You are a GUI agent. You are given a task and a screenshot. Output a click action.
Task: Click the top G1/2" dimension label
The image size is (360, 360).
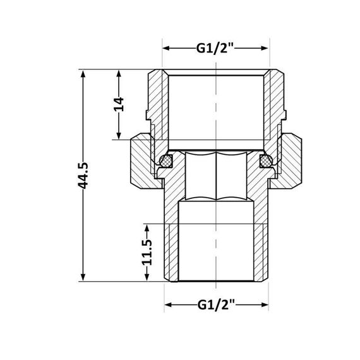point(215,48)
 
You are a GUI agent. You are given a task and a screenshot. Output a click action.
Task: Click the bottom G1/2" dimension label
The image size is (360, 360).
point(215,305)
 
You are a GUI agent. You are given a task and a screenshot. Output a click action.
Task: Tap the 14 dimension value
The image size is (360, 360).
point(118,104)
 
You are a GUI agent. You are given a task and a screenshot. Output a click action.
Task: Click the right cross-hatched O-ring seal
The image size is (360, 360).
point(266,162)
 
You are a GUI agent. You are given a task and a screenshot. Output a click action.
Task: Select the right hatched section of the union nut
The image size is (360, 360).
point(291,161)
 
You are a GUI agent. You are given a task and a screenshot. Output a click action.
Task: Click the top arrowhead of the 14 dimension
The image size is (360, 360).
point(118,73)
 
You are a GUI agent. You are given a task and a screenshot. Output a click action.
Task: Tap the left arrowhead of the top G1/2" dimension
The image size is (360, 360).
point(167,48)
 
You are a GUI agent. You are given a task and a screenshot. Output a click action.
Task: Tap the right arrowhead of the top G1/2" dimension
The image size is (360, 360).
point(266,48)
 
